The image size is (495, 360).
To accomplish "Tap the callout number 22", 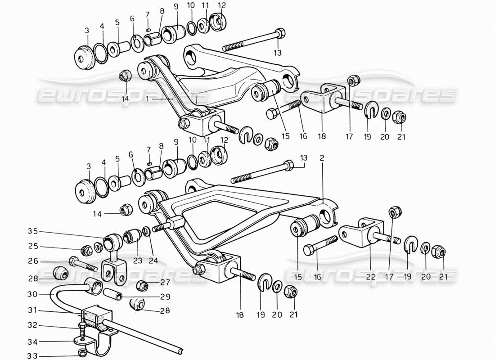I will pos(370,277).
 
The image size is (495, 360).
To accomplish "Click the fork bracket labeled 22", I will pos(364,230).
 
